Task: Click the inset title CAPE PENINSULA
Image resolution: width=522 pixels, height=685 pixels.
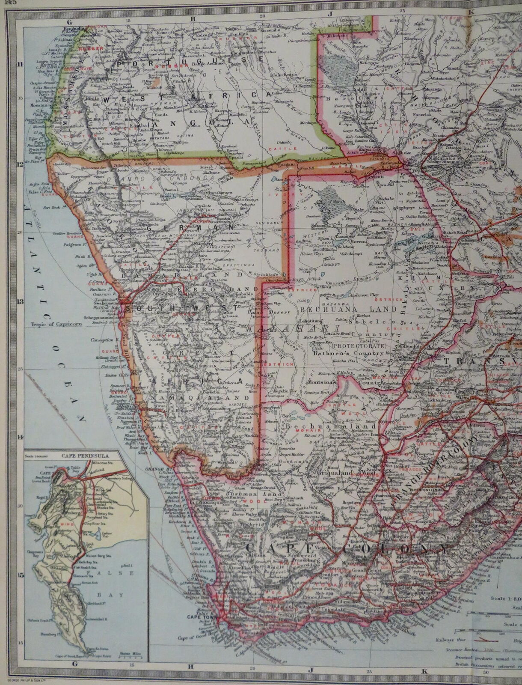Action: pyautogui.click(x=86, y=456)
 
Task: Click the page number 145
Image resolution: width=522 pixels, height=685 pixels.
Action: pyautogui.click(x=6, y=3)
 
